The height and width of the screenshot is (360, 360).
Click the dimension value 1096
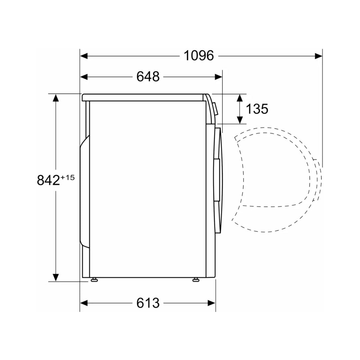[199, 56]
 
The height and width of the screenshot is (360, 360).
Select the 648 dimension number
[148, 77]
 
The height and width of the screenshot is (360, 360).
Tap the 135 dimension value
[257, 109]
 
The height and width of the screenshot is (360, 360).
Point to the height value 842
[48, 180]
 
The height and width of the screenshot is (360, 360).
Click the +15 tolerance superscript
[68, 177]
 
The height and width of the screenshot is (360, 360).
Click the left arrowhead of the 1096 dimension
[84, 56]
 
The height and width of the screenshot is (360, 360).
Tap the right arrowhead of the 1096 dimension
[318, 56]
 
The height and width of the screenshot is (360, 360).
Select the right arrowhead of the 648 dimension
[219, 77]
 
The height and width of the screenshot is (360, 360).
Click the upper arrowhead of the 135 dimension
[240, 98]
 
